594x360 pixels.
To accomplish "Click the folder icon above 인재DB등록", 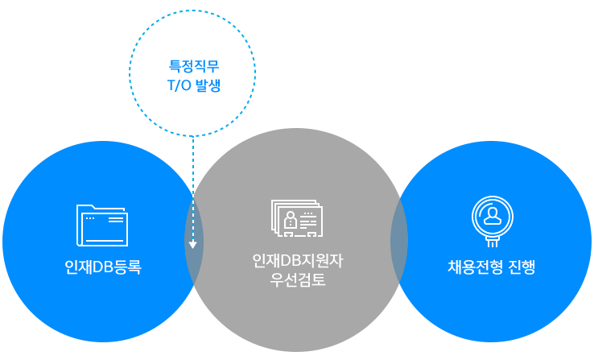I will point(102,225).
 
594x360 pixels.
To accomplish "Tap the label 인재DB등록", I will point(103,267).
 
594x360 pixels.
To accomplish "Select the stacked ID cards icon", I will point(296,219).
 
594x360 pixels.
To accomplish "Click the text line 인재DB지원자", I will point(298,262).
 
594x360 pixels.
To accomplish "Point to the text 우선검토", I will point(298,281).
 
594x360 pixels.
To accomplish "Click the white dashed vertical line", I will point(193,185).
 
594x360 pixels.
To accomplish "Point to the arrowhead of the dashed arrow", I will point(193,244).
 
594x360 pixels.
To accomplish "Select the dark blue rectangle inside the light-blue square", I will point(193,76).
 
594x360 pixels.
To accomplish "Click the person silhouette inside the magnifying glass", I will point(493,214).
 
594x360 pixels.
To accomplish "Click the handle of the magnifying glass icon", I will point(493,241).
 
